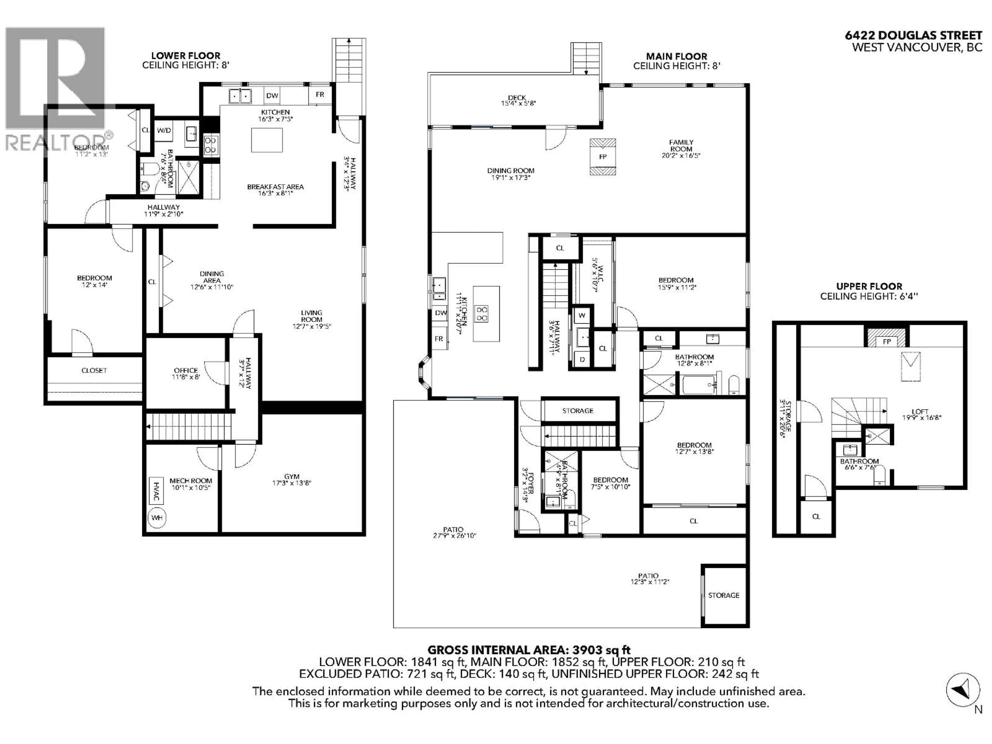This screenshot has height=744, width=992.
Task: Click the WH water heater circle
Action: (x=157, y=517)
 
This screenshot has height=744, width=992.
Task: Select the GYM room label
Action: (x=291, y=476)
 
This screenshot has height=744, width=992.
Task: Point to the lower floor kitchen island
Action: (x=267, y=140)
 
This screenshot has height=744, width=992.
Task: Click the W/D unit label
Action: (x=164, y=130)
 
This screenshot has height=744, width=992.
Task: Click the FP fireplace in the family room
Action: (x=603, y=157)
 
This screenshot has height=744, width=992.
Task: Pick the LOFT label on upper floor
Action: (x=920, y=411)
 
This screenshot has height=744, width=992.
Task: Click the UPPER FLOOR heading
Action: (x=869, y=286)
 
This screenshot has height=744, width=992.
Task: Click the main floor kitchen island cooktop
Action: (x=482, y=313)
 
